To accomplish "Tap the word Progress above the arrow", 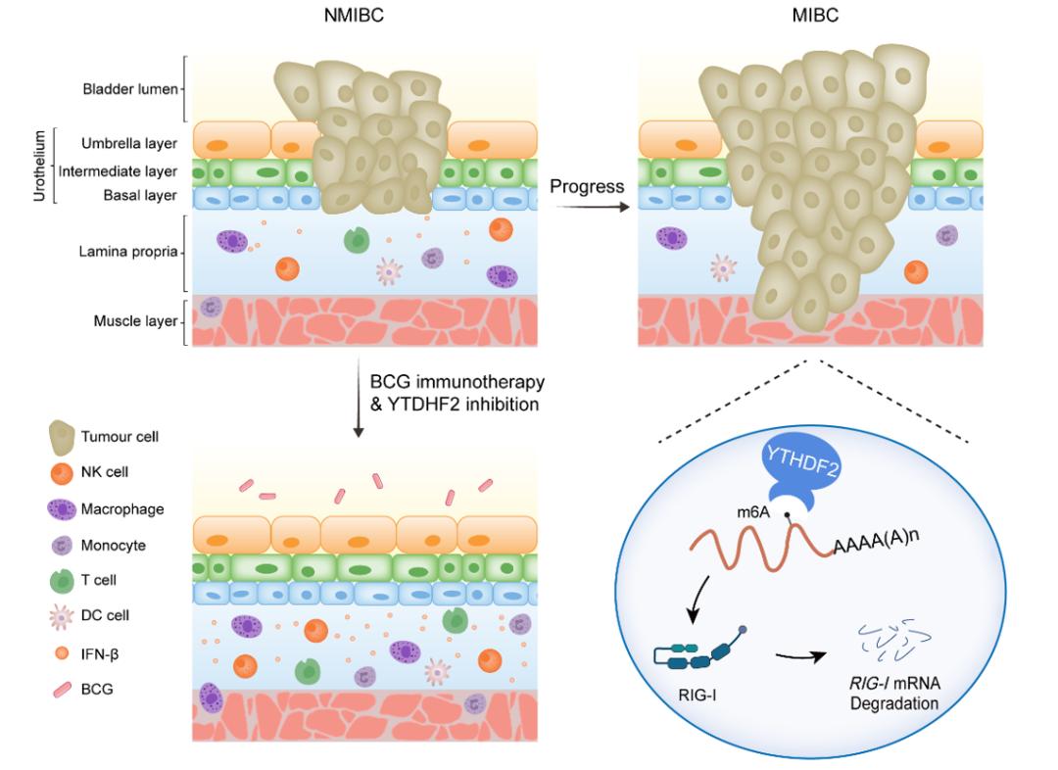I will pyautogui.click(x=587, y=185).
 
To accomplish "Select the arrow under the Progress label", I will pyautogui.click(x=586, y=207).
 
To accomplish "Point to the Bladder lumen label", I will pyautogui.click(x=130, y=90).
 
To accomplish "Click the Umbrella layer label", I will pyautogui.click(x=129, y=144).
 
